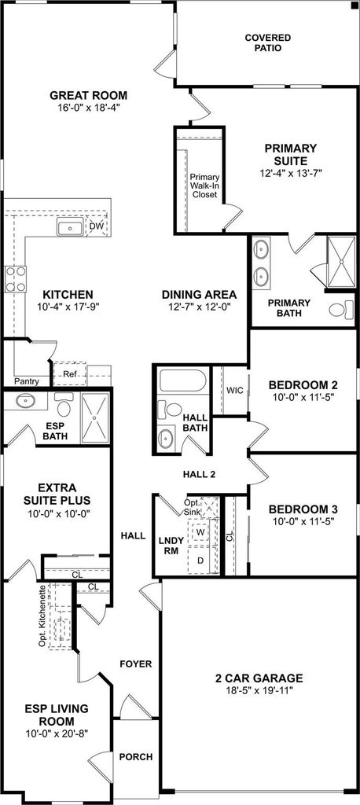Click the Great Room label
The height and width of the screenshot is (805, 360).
pyautogui.click(x=88, y=95)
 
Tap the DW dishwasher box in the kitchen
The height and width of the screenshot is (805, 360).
pyautogui.click(x=97, y=226)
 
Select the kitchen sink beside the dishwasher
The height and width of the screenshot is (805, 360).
pyautogui.click(x=69, y=227)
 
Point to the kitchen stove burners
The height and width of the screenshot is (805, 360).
pyautogui.click(x=16, y=280)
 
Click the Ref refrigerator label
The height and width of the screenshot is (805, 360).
pyautogui.click(x=69, y=374)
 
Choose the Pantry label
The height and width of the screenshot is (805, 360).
pyautogui.click(x=26, y=381)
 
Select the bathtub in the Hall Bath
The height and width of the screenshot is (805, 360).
pyautogui.click(x=183, y=381)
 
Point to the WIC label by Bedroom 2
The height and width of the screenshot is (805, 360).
pyautogui.click(x=234, y=390)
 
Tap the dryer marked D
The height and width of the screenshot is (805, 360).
pyautogui.click(x=200, y=560)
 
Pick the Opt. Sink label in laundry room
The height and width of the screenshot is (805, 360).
pyautogui.click(x=193, y=507)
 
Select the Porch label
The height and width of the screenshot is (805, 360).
pyautogui.click(x=135, y=757)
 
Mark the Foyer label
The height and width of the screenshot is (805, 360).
pyautogui.click(x=135, y=663)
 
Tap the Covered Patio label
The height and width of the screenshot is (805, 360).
pyautogui.click(x=267, y=42)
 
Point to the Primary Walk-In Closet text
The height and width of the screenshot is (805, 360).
pyautogui.click(x=205, y=186)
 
